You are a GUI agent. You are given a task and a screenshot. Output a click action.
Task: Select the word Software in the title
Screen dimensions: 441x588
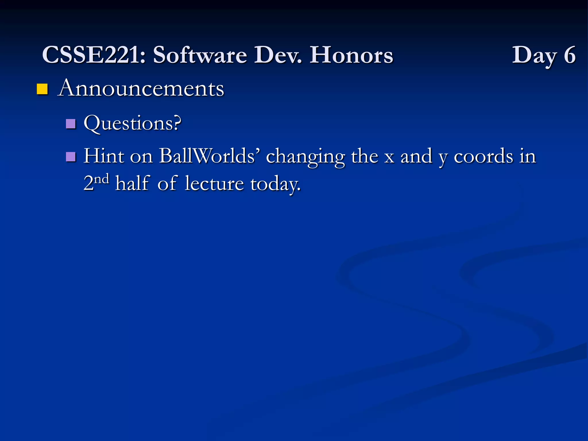200,55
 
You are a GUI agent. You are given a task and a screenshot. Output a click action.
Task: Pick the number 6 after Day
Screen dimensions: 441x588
570,55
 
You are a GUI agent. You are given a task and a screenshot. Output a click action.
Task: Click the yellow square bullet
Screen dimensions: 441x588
42,89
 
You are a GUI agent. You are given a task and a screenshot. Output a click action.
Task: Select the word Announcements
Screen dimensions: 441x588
141,88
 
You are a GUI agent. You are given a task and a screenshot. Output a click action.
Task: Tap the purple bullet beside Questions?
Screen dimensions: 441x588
71,124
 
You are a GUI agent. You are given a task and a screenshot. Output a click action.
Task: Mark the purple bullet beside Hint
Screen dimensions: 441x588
71,157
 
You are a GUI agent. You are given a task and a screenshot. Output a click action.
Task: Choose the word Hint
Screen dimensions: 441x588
104,156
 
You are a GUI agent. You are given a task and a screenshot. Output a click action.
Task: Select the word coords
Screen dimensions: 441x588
483,156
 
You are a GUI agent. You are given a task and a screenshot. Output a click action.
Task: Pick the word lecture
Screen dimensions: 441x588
214,183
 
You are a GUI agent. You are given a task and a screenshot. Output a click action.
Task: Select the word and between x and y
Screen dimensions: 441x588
416,156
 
